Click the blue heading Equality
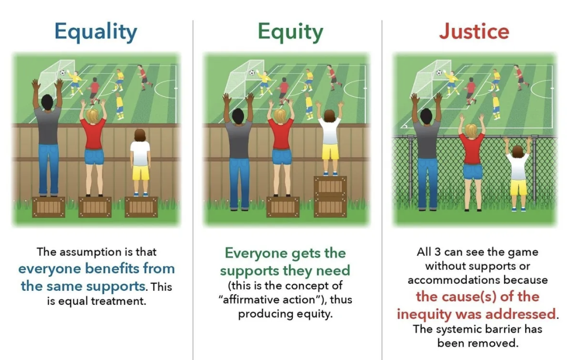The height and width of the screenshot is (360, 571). [96, 32]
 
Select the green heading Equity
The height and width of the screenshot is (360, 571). [290, 32]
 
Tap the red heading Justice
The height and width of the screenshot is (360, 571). [474, 31]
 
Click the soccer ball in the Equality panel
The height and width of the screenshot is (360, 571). [62, 73]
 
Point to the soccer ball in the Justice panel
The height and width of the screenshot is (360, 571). [439, 73]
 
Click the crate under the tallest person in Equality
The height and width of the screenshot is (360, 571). [49, 207]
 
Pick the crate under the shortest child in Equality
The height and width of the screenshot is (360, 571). [141, 207]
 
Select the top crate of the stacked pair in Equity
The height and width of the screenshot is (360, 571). [330, 186]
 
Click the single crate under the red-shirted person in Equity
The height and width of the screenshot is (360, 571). [283, 207]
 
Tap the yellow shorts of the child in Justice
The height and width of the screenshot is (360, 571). [518, 187]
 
